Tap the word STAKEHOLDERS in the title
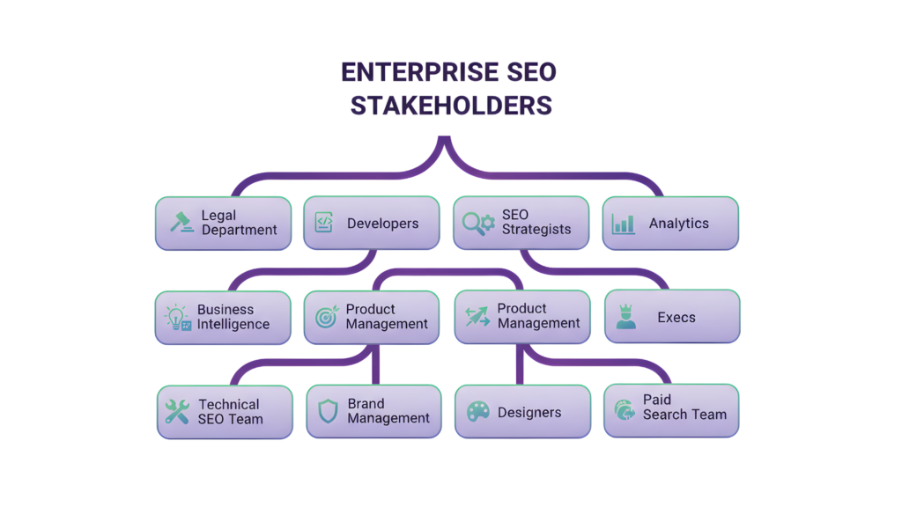point(450,106)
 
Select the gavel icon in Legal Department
point(181,223)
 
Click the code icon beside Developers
point(324,223)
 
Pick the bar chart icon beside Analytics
point(624,224)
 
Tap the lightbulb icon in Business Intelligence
point(178,318)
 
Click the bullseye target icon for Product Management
point(327,317)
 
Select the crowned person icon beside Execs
point(626,317)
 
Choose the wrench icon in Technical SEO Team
point(177,412)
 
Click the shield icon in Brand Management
point(328,412)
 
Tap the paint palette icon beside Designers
point(477,412)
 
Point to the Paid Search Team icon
point(625,409)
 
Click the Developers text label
point(382,224)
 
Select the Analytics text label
point(678,224)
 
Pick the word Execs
point(676,317)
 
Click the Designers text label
point(529,412)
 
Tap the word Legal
point(218,216)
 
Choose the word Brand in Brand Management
point(366,404)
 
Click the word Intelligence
point(233,324)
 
